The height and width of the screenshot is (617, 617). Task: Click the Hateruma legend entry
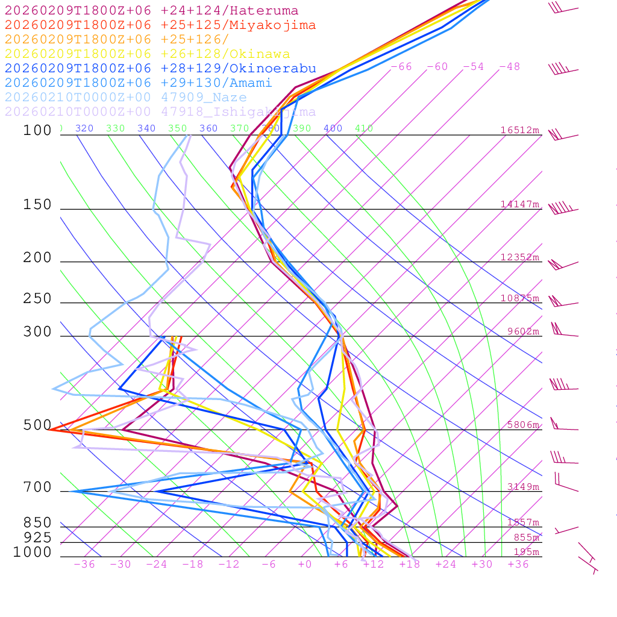tap(151, 11)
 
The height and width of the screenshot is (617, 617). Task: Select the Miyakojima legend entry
tap(160, 25)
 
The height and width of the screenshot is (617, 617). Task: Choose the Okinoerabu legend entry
tap(160, 69)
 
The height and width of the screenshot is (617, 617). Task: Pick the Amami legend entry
tap(138, 83)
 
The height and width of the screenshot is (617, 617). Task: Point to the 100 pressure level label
tap(37, 130)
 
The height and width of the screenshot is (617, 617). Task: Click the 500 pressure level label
tap(37, 425)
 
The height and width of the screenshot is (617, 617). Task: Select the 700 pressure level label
tap(37, 487)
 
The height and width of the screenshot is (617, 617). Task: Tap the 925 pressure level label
tap(37, 537)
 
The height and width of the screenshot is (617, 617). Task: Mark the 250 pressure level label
tap(37, 299)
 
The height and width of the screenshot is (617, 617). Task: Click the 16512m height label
tap(519, 130)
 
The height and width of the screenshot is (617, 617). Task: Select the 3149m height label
tap(522, 487)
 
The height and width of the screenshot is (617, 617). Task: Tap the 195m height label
tap(526, 553)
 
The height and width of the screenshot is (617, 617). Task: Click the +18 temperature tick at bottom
tap(409, 565)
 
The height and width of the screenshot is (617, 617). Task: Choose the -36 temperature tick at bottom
tap(84, 565)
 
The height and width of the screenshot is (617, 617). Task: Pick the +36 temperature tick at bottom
tap(518, 565)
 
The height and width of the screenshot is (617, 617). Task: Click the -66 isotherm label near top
tap(401, 67)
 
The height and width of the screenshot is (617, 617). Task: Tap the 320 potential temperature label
tap(84, 128)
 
